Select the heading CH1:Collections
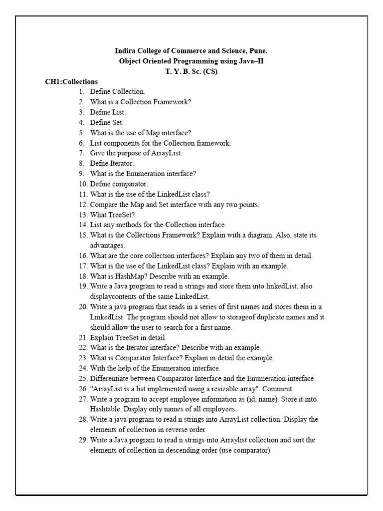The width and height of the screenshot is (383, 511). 71,81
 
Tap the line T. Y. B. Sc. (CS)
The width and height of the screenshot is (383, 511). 191,71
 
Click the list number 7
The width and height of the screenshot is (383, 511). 81,153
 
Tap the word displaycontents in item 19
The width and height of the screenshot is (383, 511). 115,296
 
